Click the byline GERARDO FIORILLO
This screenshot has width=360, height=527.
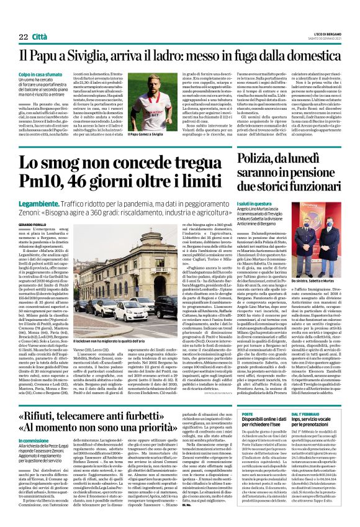coord(33,223)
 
